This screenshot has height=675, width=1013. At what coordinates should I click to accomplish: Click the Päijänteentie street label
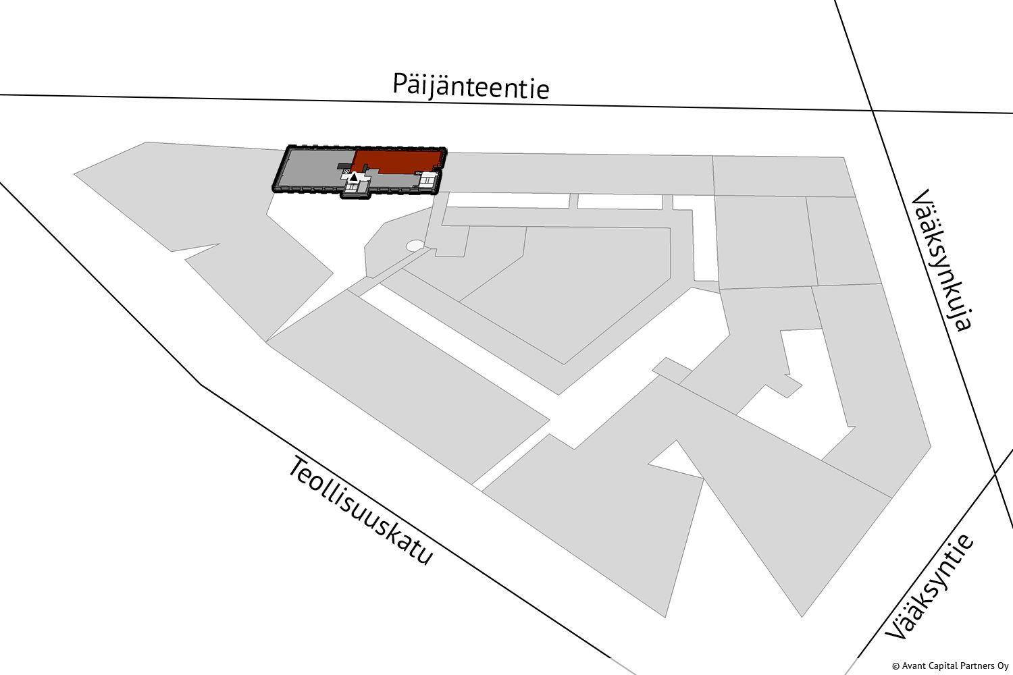471,86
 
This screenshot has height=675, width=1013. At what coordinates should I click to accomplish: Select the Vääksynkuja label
941,260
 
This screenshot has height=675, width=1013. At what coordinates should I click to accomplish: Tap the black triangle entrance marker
353,178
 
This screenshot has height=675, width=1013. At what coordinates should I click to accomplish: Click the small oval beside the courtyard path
415,246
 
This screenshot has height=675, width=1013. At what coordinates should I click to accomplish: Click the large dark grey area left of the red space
314,167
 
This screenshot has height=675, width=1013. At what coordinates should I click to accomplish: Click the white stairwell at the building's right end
427,180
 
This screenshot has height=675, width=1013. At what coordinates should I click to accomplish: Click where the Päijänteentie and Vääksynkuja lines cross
872,110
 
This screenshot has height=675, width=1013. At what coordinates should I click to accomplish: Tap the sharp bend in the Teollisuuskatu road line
201,384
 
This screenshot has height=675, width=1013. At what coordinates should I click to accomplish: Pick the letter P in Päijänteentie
400,83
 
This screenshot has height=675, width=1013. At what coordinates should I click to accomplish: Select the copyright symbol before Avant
895,666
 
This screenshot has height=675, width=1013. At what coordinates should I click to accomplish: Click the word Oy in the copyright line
1004,666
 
